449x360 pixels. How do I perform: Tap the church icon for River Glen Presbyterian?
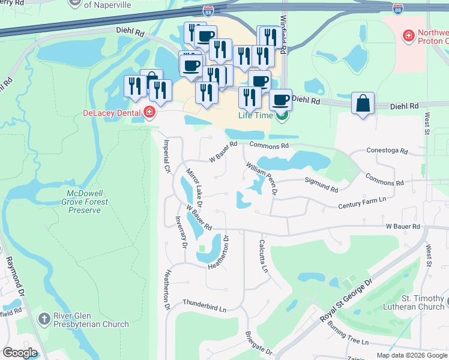coord(44,319)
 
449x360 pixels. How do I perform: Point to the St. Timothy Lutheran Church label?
coord(414,302)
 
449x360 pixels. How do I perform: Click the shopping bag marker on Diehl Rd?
coord(363,103)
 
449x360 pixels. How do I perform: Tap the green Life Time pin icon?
coord(281,115)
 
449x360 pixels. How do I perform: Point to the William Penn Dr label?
coord(261,178)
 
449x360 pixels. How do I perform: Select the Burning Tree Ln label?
coord(347,334)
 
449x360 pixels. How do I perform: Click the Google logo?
coord(20,353)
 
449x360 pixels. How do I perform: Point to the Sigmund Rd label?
coord(322,184)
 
